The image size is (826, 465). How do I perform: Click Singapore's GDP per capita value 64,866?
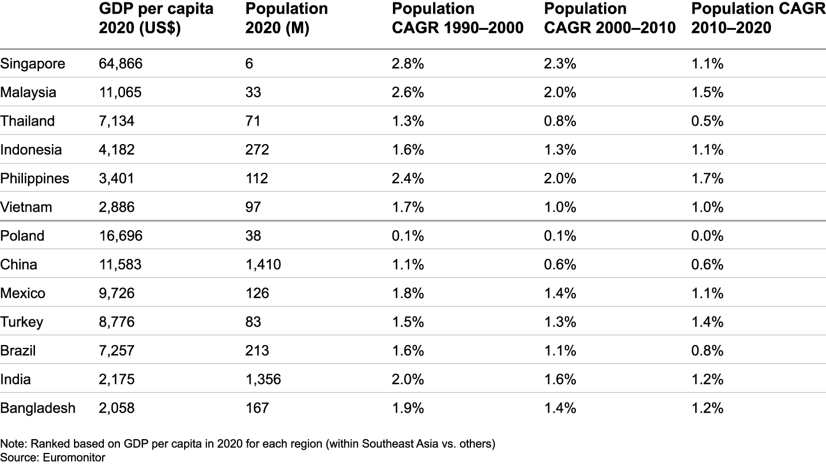click(x=120, y=64)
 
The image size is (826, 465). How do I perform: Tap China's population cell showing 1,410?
click(x=263, y=265)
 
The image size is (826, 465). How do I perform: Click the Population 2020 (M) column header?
click(x=286, y=18)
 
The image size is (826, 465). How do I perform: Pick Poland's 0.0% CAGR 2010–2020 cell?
click(x=708, y=236)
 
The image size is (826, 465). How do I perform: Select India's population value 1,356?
click(x=263, y=379)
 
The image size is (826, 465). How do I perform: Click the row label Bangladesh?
click(x=38, y=408)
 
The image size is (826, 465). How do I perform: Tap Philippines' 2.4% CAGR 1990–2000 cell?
click(x=408, y=179)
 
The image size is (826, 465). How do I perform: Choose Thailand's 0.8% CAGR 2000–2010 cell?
click(x=560, y=121)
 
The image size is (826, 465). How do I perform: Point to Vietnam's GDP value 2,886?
click(x=117, y=207)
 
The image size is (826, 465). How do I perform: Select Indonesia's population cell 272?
click(x=256, y=150)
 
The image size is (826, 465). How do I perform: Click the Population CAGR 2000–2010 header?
click(x=609, y=18)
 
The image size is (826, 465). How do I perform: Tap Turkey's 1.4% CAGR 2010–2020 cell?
click(x=708, y=322)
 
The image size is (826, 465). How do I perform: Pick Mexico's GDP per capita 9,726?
click(x=117, y=293)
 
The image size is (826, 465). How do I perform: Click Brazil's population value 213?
click(x=256, y=351)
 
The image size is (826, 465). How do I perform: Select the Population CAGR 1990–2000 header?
click(x=458, y=18)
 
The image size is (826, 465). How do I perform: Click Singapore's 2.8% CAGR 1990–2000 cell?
click(x=408, y=64)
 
